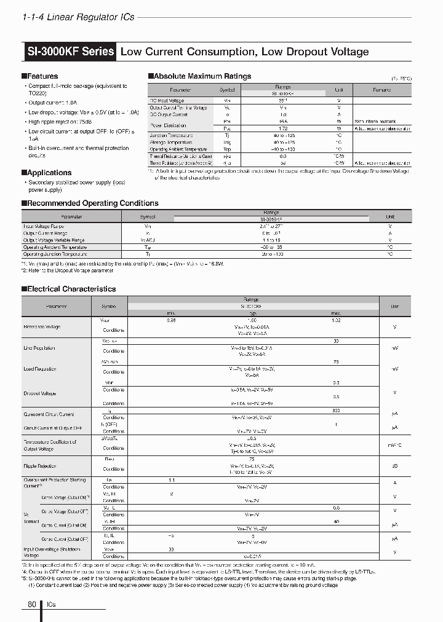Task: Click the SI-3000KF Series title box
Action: pos(70,52)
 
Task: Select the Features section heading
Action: pos(42,76)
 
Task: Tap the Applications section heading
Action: pos(49,173)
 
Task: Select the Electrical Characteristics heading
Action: pos(71,289)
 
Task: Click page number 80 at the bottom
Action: pos(32,605)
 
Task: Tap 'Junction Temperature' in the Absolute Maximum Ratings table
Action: pos(175,136)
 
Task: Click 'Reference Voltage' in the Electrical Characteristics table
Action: pos(42,327)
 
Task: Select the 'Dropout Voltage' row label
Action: pos(40,393)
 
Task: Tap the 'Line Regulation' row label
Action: pos(39,348)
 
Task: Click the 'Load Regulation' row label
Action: pos(40,369)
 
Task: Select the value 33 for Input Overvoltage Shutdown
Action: pos(171,549)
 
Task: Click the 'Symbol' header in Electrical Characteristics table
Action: pos(108,305)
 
